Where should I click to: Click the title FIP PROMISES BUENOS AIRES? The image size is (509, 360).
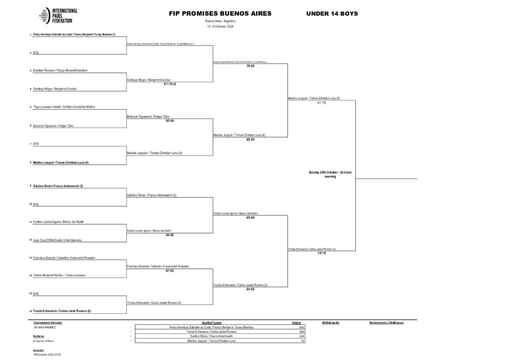(x=220, y=13)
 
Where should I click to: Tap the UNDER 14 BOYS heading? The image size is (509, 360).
(x=332, y=13)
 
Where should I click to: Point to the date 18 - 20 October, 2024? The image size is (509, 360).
(x=220, y=26)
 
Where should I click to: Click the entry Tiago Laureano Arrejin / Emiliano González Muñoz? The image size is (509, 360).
(x=64, y=107)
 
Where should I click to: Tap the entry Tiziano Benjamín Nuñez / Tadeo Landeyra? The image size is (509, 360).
(x=59, y=275)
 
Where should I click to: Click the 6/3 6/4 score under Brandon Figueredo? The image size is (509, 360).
(x=170, y=120)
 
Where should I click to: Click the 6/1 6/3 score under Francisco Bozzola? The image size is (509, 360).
(x=170, y=271)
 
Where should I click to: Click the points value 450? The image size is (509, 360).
(x=301, y=327)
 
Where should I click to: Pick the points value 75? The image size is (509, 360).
(x=302, y=341)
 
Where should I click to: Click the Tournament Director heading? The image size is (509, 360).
(x=48, y=323)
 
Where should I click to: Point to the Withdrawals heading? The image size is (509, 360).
(x=331, y=323)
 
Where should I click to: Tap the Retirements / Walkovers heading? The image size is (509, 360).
(x=386, y=323)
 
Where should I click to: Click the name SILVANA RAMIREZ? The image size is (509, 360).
(x=45, y=327)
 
